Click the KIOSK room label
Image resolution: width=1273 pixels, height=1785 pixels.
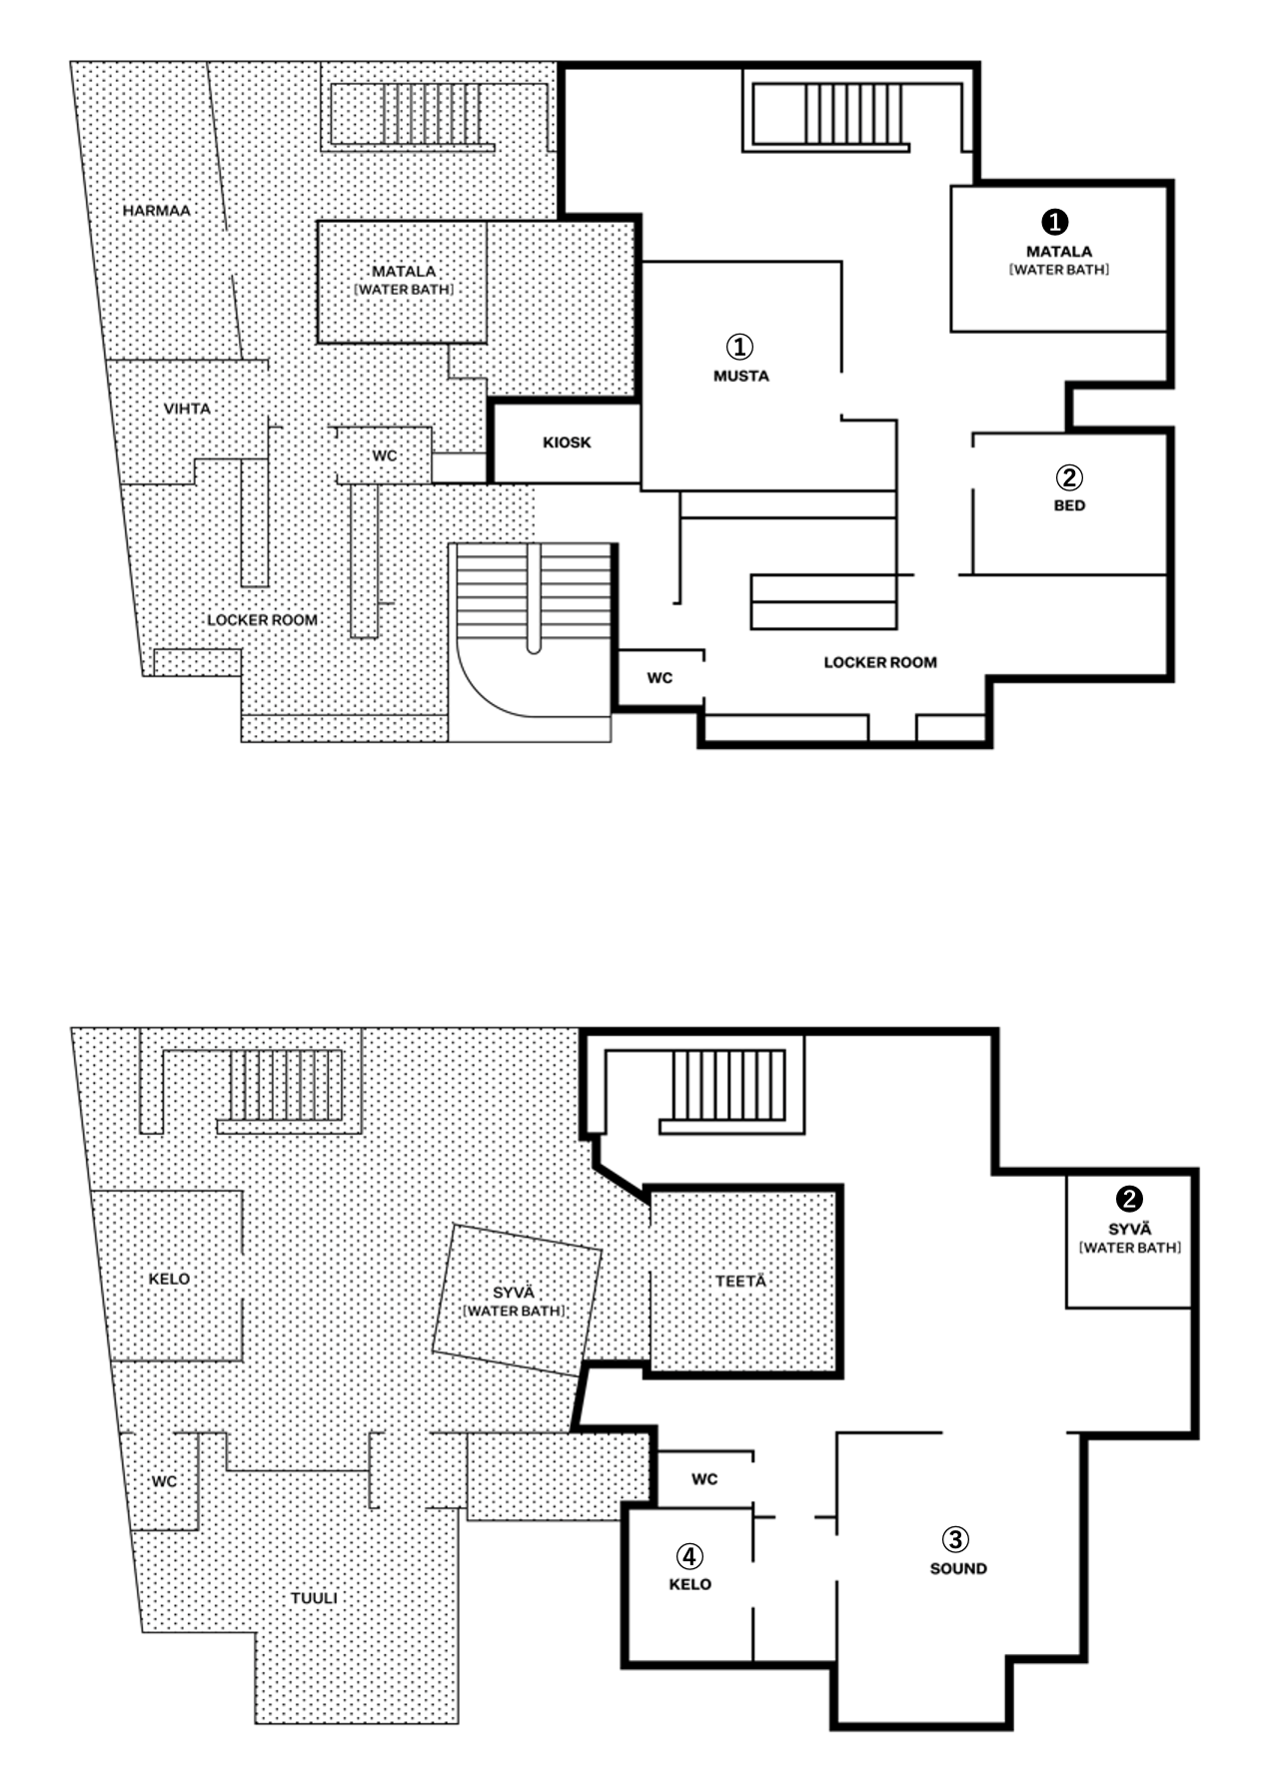point(567,443)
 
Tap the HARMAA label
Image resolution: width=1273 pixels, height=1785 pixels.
point(157,211)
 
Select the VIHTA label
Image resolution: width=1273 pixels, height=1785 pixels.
point(187,409)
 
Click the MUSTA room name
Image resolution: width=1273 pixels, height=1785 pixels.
point(741,376)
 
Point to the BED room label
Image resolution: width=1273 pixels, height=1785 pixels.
point(1069,505)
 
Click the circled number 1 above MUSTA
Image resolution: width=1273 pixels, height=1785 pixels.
point(739,347)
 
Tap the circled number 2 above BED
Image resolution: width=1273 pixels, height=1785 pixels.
point(1069,476)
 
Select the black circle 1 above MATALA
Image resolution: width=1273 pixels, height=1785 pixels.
point(1055,222)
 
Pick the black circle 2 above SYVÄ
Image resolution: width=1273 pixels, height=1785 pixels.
point(1129,1199)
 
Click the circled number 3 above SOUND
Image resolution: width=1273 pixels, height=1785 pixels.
point(956,1539)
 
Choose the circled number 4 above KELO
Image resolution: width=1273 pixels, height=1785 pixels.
point(689,1556)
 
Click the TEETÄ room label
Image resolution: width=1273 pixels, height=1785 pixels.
point(740,1281)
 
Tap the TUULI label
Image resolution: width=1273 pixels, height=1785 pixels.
point(314,1598)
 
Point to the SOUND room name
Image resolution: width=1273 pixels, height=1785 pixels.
point(958,1568)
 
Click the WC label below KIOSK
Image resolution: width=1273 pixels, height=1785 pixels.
point(659,678)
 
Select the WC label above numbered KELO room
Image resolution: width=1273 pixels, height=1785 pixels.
point(704,1479)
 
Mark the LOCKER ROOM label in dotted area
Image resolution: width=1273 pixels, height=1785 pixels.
point(263,620)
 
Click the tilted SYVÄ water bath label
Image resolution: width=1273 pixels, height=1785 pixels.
point(515,1302)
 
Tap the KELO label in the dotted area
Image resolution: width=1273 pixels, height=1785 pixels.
point(169,1279)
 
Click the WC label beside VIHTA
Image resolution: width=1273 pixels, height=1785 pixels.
point(385,455)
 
